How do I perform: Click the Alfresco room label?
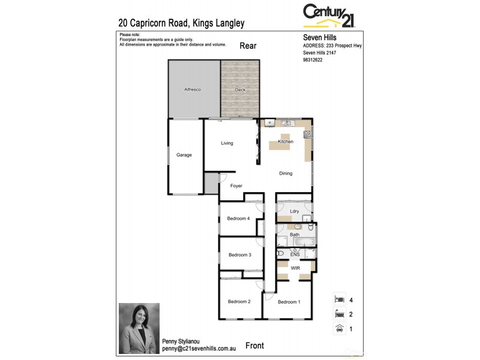[192, 89]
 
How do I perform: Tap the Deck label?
[240, 89]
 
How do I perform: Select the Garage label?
[184, 155]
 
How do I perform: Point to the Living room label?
[227, 143]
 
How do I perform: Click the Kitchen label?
[286, 142]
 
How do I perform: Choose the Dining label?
[286, 173]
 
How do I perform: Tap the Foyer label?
[236, 186]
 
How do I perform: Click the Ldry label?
[294, 211]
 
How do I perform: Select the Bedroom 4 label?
[238, 218]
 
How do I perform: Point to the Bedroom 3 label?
[239, 255]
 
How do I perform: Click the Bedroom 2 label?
[239, 301]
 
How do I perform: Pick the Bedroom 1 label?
[289, 301]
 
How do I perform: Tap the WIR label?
[295, 268]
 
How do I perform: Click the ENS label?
[295, 254]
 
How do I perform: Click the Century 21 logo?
[329, 16]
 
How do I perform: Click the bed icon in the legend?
[339, 299]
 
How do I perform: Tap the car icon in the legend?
[339, 328]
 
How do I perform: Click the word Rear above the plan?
[248, 46]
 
